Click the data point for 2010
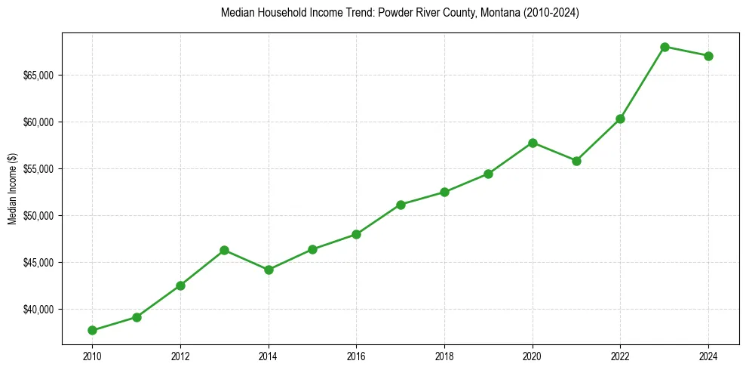tap(92, 330)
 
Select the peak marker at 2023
tap(665, 47)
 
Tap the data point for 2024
tap(708, 56)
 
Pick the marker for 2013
tap(224, 250)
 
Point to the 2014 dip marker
tap(269, 270)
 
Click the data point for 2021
tap(576, 161)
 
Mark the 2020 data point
tap(533, 143)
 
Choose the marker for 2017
tap(401, 205)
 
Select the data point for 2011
tap(137, 317)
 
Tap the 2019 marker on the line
tap(488, 174)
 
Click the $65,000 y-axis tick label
tap(38, 76)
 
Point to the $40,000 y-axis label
tap(38, 310)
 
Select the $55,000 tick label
tap(38, 169)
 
